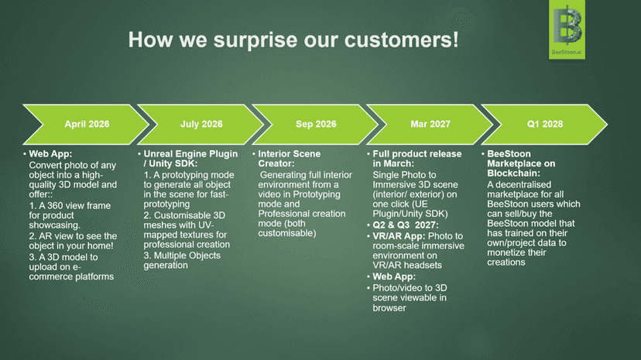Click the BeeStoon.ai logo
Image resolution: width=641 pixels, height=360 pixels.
point(567,29)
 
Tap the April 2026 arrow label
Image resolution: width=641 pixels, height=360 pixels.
point(87,124)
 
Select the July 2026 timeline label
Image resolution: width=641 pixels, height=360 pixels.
point(201,124)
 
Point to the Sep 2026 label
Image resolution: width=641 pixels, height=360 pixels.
point(316,124)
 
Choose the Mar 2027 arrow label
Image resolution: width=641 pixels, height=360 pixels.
point(430,124)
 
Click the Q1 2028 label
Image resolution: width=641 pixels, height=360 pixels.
point(545,124)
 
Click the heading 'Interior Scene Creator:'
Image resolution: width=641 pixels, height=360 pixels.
point(289,159)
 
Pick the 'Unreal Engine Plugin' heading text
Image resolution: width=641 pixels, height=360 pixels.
point(190,154)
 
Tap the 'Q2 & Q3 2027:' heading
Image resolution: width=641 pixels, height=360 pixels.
point(405,225)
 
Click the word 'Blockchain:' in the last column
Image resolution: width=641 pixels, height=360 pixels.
point(513,173)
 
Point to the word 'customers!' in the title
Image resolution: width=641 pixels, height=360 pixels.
point(402,40)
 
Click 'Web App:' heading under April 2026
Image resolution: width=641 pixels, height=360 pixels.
point(50,154)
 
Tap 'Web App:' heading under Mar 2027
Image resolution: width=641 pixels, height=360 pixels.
point(394,276)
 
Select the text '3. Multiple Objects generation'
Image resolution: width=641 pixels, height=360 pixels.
point(182,260)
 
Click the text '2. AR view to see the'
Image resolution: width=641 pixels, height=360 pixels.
point(73,236)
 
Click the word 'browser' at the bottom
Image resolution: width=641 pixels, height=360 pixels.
point(389,308)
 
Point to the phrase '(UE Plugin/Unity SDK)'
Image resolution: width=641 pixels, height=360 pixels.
point(410,209)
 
